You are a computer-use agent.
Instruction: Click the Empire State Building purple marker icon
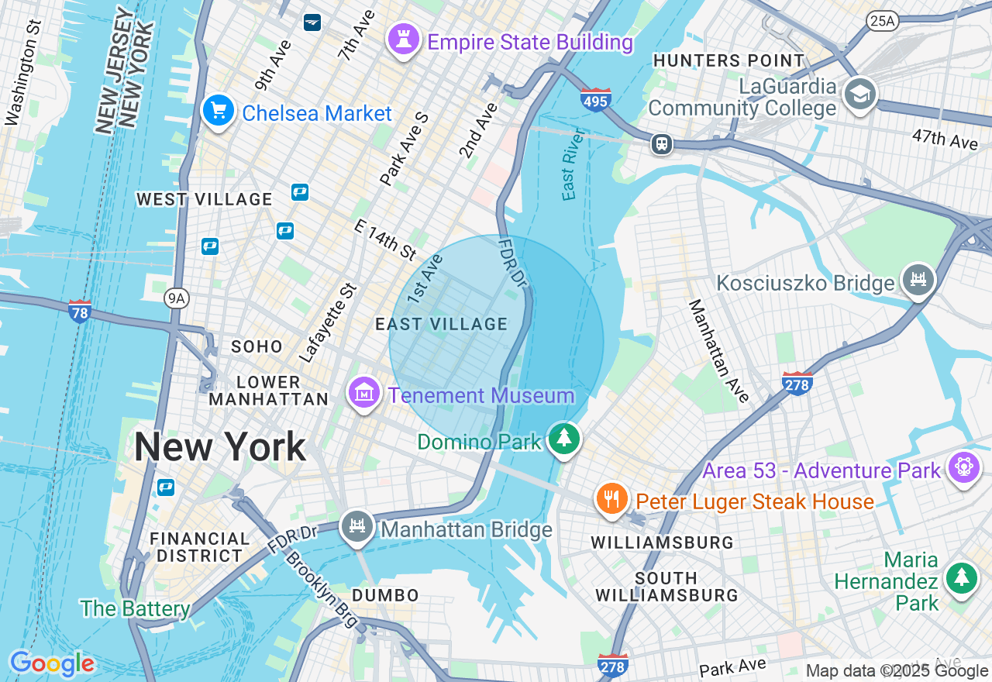(403, 40)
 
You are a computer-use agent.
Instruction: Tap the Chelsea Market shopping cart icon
(219, 111)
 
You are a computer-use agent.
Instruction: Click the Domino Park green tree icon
(564, 439)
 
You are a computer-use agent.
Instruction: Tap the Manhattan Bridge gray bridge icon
(357, 527)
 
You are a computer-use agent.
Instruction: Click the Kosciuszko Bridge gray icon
(919, 279)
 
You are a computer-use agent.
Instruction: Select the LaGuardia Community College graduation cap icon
(859, 95)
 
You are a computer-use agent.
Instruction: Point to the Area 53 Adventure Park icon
(964, 467)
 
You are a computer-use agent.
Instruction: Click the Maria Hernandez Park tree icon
(962, 578)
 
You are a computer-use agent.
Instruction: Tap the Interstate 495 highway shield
(595, 100)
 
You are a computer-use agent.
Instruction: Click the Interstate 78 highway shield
(80, 312)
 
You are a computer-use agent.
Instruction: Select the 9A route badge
(177, 298)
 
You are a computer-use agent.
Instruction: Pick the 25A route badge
(883, 20)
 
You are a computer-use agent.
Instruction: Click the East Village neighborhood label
(441, 325)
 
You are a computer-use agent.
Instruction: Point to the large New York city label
(220, 447)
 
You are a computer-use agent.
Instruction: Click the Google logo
(52, 663)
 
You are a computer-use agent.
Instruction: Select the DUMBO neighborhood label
(385, 595)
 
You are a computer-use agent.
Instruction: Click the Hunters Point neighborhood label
(728, 60)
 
